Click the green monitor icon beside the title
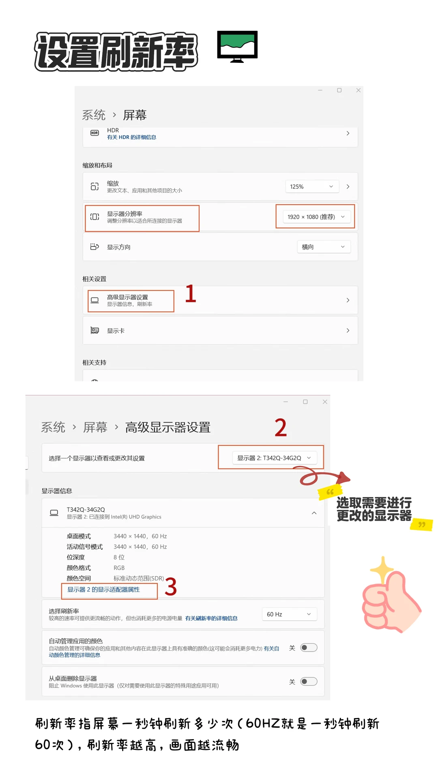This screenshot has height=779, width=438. [237, 46]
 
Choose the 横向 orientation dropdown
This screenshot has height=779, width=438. [323, 247]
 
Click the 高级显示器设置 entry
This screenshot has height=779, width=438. [127, 297]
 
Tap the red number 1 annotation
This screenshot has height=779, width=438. [191, 294]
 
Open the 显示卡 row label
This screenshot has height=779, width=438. [116, 331]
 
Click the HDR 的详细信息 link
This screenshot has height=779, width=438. [131, 137]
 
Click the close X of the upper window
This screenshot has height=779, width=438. [358, 90]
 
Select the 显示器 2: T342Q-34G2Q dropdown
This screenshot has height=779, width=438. [274, 458]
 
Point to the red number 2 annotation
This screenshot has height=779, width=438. [281, 428]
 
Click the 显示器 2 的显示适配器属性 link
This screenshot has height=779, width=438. [103, 590]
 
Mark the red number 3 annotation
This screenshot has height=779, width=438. [171, 587]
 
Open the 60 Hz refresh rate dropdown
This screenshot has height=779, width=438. [289, 614]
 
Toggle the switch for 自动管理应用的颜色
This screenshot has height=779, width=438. [309, 648]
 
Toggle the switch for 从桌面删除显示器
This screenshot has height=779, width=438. [309, 682]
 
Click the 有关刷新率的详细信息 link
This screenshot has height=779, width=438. [211, 618]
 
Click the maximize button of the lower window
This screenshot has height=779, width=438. [305, 402]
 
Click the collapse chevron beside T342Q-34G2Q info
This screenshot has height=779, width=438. [314, 513]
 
